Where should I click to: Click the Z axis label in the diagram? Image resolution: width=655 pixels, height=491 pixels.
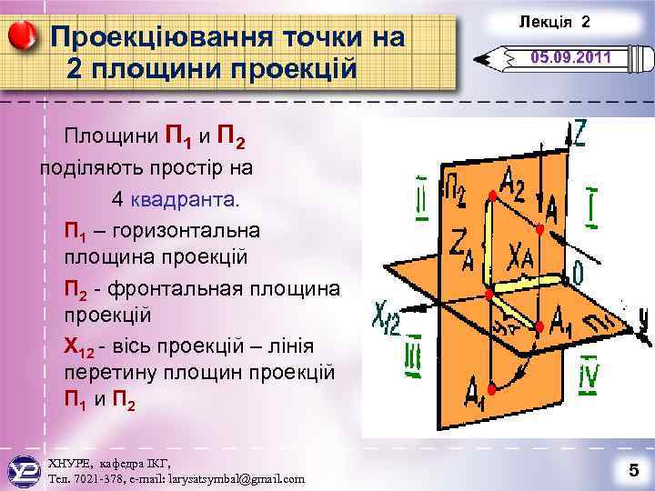[579, 135]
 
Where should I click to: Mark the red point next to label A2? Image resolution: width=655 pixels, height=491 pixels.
[491, 196]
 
